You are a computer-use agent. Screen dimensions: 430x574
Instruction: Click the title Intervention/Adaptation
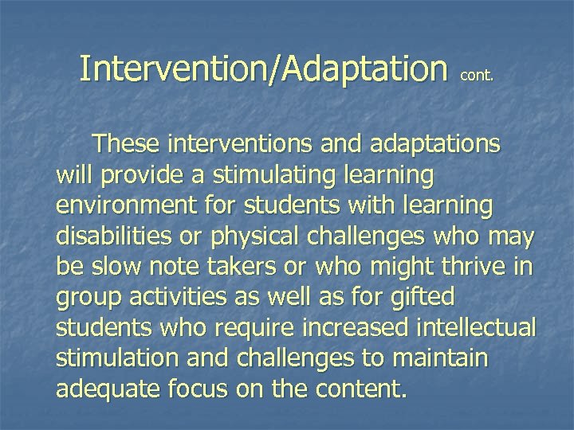263,69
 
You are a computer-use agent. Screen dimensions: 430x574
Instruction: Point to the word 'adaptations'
431,144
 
